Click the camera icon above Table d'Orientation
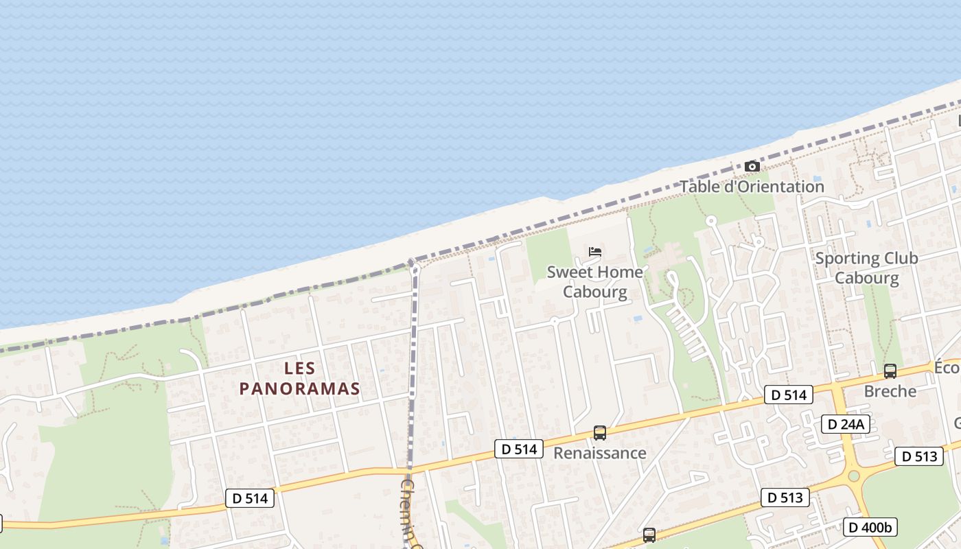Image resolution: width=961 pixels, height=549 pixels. coord(752,167)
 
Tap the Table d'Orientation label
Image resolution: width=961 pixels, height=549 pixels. coord(752,187)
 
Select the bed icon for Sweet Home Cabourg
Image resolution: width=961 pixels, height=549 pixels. coord(595,252)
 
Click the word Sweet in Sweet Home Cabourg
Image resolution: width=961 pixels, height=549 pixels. coord(567,272)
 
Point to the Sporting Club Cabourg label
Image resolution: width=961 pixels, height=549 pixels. coord(866,268)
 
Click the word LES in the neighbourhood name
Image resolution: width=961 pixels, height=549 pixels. coord(299,369)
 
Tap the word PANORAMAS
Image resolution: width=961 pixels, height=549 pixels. coord(299,388)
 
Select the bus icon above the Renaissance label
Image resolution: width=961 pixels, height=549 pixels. coord(600,433)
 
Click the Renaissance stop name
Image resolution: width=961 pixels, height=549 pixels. coord(600,453)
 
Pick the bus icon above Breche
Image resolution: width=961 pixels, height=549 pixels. coord(890,371)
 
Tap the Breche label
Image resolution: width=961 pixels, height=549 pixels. coord(890,391)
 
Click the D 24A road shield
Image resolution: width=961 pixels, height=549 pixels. coord(846,424)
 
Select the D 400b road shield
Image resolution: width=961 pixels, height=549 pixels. coord(870,527)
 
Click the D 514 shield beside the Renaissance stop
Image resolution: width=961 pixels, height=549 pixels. coord(519,449)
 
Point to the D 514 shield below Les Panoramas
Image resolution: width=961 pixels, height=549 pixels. coord(250,498)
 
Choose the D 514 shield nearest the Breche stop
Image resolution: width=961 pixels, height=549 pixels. coord(788,395)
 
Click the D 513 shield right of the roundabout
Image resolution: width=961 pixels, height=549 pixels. coord(918,456)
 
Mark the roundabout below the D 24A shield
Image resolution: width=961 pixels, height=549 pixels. coord(853,476)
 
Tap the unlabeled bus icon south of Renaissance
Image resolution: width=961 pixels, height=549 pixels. coord(649,535)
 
